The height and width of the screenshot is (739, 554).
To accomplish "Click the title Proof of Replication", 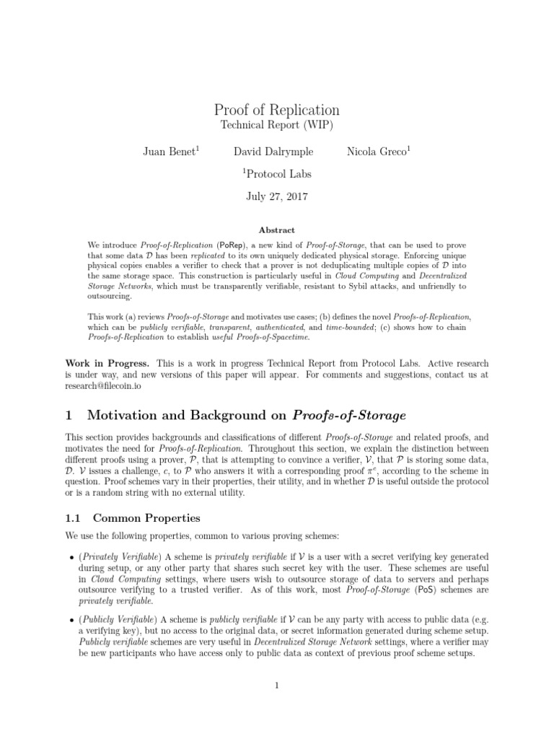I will (277, 110).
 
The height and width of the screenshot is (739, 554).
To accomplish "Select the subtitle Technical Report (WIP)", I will (277, 126).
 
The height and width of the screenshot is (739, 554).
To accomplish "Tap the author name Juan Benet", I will (170, 152).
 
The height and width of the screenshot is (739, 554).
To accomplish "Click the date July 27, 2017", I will (277, 196).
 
